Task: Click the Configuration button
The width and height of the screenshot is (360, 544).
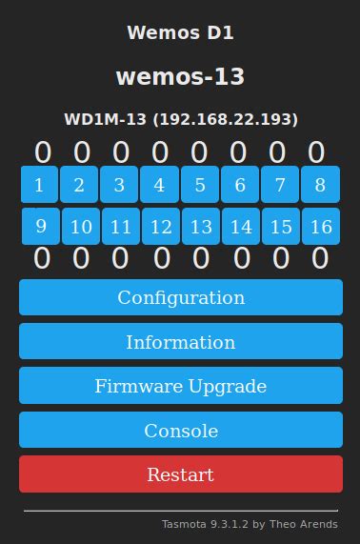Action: [181, 297]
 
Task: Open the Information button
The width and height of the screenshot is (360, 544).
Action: [181, 341]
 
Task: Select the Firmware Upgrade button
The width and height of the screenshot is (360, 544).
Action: [181, 386]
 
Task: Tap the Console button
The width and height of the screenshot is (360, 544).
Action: [181, 431]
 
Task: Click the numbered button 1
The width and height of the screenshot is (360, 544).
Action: [39, 185]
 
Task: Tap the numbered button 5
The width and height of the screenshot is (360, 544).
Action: [200, 185]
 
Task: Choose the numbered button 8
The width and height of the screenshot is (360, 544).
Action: [320, 185]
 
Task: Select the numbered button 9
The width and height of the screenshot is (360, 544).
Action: [40, 226]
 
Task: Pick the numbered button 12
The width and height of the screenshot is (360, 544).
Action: [161, 227]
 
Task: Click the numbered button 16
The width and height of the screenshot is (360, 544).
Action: [321, 227]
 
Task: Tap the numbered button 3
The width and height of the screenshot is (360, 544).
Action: [119, 185]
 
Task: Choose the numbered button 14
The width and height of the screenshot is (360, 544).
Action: [241, 227]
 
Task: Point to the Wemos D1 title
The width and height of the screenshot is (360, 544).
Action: [180, 33]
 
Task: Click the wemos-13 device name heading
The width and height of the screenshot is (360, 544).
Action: [180, 76]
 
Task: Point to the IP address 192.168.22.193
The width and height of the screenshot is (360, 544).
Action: [226, 119]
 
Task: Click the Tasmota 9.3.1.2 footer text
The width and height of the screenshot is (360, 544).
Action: [249, 524]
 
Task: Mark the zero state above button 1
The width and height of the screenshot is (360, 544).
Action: [43, 152]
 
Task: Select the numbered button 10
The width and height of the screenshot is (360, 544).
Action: [81, 227]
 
